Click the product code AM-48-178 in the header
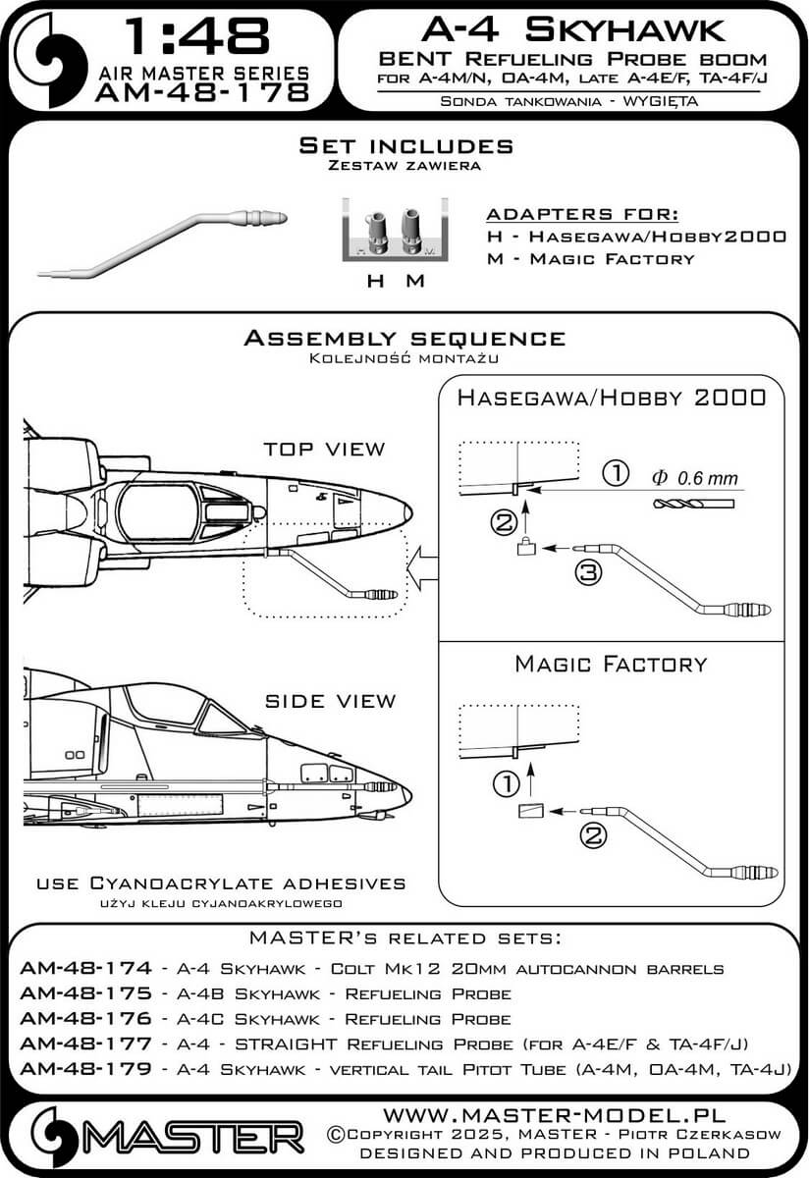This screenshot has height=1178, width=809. point(202,92)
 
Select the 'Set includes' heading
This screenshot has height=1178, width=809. point(405,146)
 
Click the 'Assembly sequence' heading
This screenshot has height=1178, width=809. point(404,339)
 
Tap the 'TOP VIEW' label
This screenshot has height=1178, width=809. point(325,449)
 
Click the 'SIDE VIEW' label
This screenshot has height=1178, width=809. point(330,701)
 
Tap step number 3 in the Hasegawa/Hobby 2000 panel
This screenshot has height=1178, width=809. point(587,575)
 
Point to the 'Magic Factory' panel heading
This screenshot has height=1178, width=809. point(611,665)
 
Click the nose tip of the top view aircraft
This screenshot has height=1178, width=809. point(407,509)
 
